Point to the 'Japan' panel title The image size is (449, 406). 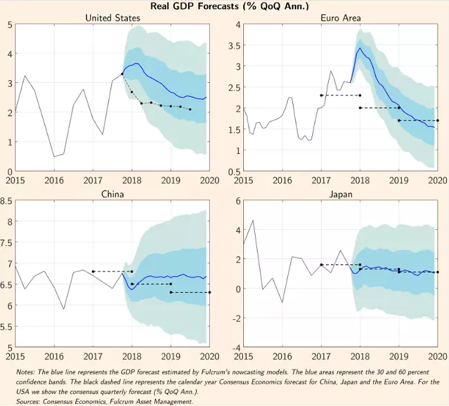(x=340, y=194)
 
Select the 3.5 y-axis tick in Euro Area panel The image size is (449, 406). (x=234, y=46)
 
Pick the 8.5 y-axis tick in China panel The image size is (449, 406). (x=7, y=202)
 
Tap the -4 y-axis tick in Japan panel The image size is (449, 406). (x=236, y=347)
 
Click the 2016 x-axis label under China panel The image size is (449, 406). (x=54, y=356)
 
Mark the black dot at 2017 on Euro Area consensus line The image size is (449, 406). (x=321, y=95)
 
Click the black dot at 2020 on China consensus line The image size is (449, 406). (x=210, y=293)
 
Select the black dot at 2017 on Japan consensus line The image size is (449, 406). (x=321, y=264)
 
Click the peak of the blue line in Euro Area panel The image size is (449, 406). (x=360, y=48)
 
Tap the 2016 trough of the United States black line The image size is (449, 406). (x=54, y=157)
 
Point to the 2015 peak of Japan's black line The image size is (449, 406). (x=253, y=221)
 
